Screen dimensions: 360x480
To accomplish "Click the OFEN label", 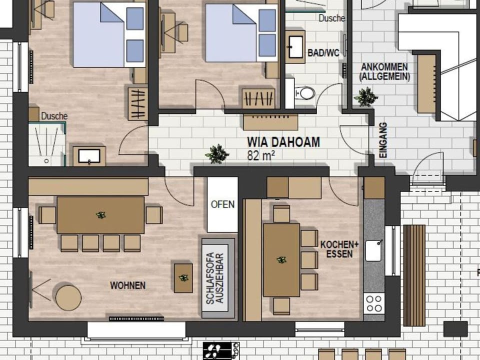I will pyautogui.click(x=222, y=205).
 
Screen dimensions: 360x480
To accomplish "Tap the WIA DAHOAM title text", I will pyautogui.click(x=283, y=142).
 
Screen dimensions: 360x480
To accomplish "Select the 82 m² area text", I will pyautogui.click(x=261, y=155).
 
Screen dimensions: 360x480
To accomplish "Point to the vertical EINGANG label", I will pyautogui.click(x=383, y=140).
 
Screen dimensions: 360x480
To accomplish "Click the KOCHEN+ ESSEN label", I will pyautogui.click(x=340, y=249).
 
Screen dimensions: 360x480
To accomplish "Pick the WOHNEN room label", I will pyautogui.click(x=128, y=285).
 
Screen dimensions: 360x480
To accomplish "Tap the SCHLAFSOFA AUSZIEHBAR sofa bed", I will pyautogui.click(x=218, y=278).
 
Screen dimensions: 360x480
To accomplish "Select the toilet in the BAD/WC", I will pyautogui.click(x=305, y=92).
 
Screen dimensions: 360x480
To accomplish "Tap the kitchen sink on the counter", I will pyautogui.click(x=373, y=250).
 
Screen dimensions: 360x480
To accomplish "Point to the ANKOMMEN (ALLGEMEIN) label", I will pyautogui.click(x=384, y=72).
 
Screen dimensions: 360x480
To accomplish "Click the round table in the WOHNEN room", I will pyautogui.click(x=68, y=297).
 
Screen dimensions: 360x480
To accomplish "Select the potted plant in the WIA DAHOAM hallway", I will pyautogui.click(x=217, y=154).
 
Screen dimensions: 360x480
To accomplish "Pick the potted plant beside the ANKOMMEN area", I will pyautogui.click(x=365, y=96).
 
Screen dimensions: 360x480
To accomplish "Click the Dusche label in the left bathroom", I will pyautogui.click(x=54, y=116).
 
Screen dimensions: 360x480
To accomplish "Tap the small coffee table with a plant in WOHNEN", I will pyautogui.click(x=183, y=277).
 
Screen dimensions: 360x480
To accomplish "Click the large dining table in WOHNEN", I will pyautogui.click(x=100, y=215).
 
